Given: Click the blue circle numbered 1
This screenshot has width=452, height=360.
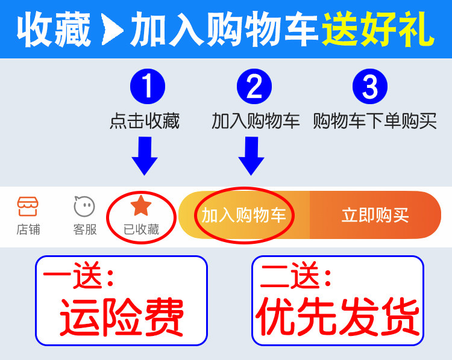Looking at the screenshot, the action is [x=147, y=87].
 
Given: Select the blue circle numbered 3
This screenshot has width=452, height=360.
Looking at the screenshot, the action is [x=370, y=87].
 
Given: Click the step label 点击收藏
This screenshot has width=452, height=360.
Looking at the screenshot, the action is [x=145, y=121].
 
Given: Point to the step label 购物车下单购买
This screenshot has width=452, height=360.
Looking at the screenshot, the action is [x=374, y=121].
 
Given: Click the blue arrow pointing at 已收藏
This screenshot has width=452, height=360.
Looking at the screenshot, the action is [x=145, y=155].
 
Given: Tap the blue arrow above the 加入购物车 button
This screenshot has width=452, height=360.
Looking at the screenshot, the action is [x=251, y=155].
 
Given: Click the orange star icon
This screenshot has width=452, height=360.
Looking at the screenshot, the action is [x=141, y=206].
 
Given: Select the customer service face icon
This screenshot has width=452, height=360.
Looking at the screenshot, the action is [x=84, y=206].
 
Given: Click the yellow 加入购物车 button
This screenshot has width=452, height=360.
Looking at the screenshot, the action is [x=244, y=215].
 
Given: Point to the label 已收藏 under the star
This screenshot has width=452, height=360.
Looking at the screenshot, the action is [x=141, y=229].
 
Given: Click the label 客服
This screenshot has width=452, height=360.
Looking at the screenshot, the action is [x=85, y=230].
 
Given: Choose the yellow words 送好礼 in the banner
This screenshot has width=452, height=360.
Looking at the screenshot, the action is [x=377, y=29].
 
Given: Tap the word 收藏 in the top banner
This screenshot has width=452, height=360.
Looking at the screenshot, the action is [x=54, y=29].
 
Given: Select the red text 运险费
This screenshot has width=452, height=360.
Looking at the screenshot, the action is [x=121, y=317].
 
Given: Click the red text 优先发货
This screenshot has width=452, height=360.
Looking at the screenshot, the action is [x=337, y=317].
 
